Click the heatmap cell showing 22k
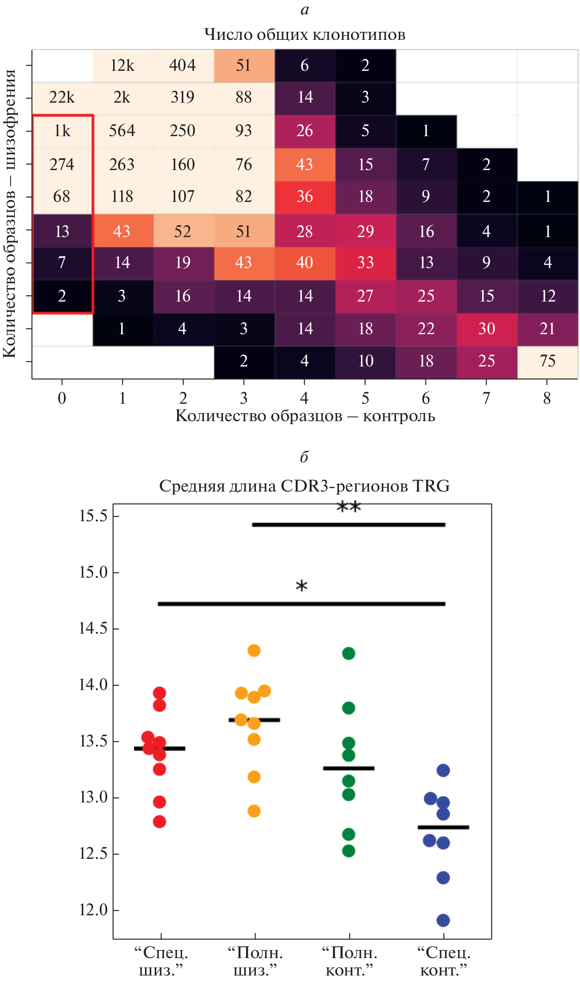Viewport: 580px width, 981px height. [62, 98]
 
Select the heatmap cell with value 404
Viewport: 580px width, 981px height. [183, 65]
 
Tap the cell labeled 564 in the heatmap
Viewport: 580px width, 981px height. [122, 131]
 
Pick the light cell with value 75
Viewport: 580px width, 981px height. [547, 361]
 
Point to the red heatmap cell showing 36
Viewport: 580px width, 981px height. [305, 197]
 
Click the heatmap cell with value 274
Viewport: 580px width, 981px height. [62, 165]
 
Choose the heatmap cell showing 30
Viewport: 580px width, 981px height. [487, 329]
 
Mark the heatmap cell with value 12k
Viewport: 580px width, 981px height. [122, 65]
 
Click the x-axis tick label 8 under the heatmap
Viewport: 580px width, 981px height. [547, 398]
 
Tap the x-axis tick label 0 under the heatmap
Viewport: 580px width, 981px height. [62, 398]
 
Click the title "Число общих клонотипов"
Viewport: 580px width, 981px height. [305, 34]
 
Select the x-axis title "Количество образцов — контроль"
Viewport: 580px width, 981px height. [305, 416]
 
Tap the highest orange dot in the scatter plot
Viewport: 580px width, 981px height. [254, 651]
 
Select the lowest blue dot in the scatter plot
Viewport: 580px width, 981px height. [443, 920]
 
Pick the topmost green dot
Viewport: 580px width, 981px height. [348, 654]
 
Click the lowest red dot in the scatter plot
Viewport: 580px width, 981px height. [159, 822]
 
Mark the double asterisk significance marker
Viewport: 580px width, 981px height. [349, 506]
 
